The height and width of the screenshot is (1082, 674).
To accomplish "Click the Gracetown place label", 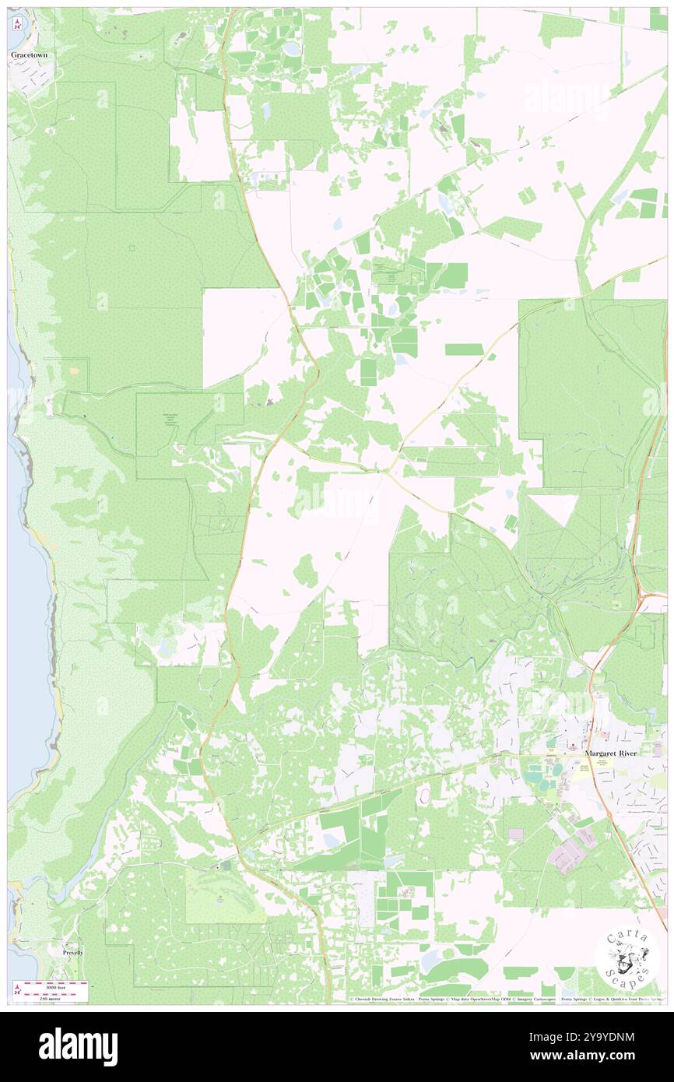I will [29, 56].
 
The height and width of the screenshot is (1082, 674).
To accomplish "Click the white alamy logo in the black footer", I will [78, 1046].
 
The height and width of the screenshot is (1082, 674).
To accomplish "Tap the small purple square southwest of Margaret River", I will [515, 833].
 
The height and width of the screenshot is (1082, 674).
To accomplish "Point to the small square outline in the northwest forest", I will [132, 248].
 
